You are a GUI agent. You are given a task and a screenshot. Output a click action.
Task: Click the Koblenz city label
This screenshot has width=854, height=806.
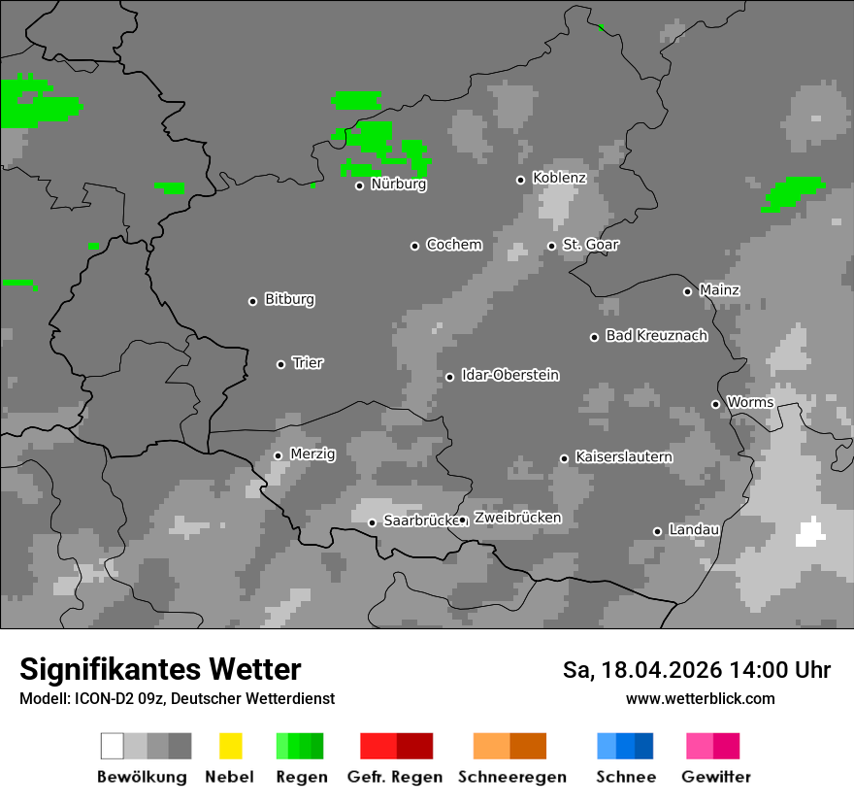(559, 179)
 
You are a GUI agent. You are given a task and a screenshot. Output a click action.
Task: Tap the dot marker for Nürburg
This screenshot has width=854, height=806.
(359, 185)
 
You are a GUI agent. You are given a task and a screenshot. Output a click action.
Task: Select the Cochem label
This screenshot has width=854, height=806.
(453, 245)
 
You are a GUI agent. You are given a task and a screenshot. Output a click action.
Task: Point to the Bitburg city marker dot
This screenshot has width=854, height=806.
(252, 301)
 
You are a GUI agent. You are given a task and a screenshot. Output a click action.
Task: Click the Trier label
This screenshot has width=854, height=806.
(308, 363)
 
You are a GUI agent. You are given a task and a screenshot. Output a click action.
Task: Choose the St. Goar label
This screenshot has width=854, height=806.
(590, 245)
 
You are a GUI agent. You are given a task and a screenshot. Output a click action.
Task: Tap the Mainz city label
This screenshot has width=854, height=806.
(719, 290)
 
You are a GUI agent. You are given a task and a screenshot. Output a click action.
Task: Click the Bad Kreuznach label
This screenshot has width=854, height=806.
(656, 336)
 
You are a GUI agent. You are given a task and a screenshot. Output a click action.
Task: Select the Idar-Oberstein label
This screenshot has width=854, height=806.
(509, 376)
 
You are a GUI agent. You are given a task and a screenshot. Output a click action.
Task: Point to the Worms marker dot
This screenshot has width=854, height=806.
(715, 404)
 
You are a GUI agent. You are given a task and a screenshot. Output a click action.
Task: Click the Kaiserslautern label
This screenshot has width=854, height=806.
(623, 457)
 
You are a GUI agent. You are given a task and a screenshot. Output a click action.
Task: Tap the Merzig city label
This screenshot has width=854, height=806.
(312, 454)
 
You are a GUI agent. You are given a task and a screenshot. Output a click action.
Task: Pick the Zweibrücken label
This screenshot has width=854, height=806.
(517, 519)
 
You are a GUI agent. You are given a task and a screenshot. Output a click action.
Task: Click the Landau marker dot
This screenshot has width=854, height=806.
(657, 531)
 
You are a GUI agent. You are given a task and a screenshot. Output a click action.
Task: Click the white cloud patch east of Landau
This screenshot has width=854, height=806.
(809, 533)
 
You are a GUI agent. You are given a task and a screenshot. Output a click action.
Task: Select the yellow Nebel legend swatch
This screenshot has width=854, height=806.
(230, 746)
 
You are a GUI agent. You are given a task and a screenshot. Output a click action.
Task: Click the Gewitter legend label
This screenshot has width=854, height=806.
(715, 777)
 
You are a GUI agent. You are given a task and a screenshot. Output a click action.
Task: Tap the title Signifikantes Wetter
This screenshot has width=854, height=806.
(160, 670)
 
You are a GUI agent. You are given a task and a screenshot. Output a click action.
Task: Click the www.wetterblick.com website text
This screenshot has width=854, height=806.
(700, 699)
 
